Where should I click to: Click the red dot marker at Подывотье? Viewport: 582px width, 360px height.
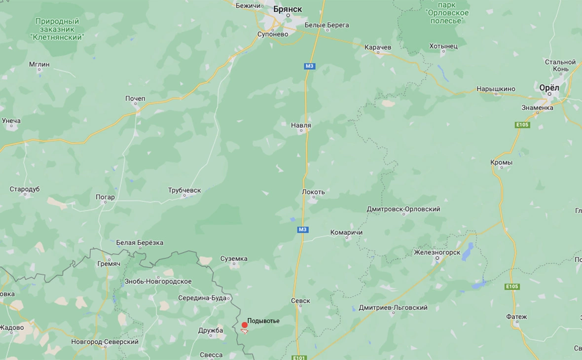click(245, 325)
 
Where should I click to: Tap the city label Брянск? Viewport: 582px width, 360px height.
click(288, 9)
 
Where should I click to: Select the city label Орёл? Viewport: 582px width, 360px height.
click(549, 87)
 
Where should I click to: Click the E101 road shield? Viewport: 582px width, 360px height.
click(299, 358)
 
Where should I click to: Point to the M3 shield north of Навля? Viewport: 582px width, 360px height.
click(309, 66)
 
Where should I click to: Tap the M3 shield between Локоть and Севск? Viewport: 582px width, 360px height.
click(302, 229)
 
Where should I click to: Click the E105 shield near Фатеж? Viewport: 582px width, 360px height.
click(512, 287)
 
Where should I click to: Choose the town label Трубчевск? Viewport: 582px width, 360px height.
click(184, 190)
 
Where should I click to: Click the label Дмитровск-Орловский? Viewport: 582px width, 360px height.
click(403, 209)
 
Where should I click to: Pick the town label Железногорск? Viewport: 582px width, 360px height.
click(437, 252)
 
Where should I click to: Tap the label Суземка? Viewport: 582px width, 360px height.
click(234, 258)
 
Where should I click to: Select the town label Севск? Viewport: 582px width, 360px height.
click(300, 300)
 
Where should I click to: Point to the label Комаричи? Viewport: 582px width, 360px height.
click(346, 232)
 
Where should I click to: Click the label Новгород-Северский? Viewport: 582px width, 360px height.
click(105, 342)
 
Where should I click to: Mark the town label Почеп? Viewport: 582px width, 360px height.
click(135, 99)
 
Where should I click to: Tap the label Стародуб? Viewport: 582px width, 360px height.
click(25, 189)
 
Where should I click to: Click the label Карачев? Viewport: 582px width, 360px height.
click(377, 47)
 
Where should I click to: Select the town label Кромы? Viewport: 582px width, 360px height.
click(502, 162)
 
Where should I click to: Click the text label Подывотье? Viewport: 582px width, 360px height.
click(263, 321)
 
